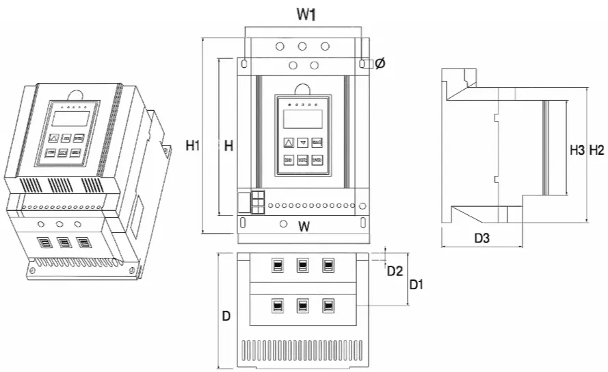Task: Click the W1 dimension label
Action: click(306, 14)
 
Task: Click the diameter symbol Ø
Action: click(380, 63)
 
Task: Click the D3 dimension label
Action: click(483, 238)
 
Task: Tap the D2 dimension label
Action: click(395, 271)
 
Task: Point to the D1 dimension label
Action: click(416, 284)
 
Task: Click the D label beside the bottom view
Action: click(226, 317)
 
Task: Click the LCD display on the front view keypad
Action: click(302, 119)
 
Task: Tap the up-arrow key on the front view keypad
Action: click(288, 142)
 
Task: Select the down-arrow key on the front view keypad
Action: click(302, 142)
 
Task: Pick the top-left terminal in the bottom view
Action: click(277, 265)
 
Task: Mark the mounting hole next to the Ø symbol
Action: click(362, 63)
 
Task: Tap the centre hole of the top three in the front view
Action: click(302, 47)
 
